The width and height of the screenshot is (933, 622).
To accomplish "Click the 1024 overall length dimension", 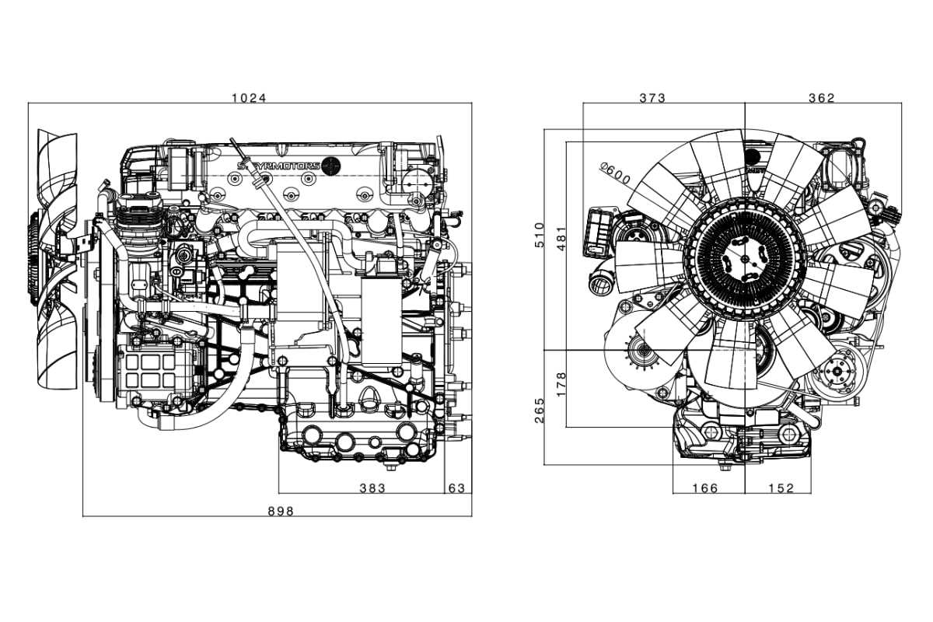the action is pos(249,98).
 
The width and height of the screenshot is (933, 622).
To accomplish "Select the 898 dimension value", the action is pos(281,511).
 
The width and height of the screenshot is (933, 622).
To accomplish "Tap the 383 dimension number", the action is pos(372,487).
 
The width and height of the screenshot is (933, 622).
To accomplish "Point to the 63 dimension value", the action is pos(456,487).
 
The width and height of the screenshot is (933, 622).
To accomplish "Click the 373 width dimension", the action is pos(652,98).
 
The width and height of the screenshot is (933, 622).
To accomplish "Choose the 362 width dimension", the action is pos(822,98).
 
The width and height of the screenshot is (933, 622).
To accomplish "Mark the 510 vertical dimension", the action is pos(540,235).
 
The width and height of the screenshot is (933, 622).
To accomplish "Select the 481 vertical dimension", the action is pos(561,238).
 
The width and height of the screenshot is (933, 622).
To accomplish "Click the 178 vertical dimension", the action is pos(561,384).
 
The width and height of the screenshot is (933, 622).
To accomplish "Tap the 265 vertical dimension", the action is pos(540,411).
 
